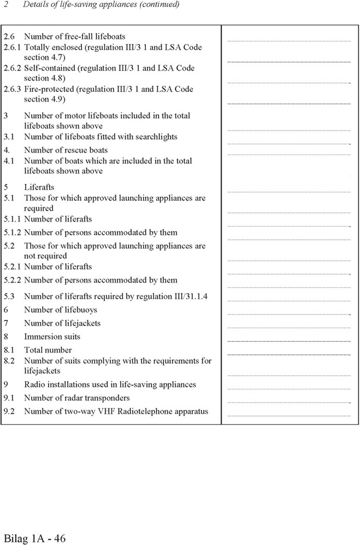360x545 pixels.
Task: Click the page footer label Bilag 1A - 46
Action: pyautogui.click(x=34, y=538)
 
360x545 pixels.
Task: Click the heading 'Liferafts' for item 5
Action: pyautogui.click(x=39, y=187)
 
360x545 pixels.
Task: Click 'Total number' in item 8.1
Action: pyautogui.click(x=48, y=350)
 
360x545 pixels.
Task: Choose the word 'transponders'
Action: pyautogui.click(x=107, y=398)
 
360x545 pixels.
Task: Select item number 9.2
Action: pyautogui.click(x=9, y=411)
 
